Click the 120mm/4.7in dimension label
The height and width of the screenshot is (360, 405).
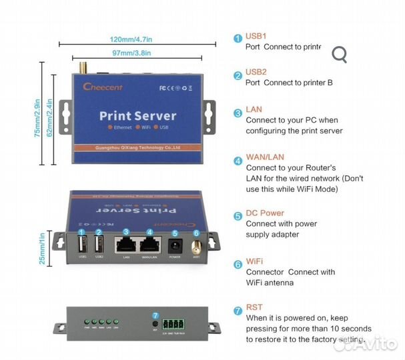click(x=138, y=39)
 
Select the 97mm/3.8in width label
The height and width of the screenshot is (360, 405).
click(x=131, y=53)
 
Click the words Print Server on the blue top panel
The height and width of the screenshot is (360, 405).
click(x=137, y=115)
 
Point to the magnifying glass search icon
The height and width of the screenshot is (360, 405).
click(x=340, y=55)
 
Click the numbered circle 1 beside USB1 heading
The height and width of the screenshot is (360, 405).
click(x=238, y=39)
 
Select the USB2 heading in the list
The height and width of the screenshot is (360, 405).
click(x=256, y=72)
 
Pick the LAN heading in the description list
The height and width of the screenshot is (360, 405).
click(x=254, y=109)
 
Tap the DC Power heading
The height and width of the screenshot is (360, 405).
click(x=264, y=213)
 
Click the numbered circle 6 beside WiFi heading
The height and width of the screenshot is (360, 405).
click(x=238, y=264)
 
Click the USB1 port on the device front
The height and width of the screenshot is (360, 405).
click(x=81, y=246)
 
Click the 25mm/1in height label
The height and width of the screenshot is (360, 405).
click(x=43, y=248)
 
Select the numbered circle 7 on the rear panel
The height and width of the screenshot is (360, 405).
click(x=155, y=315)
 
